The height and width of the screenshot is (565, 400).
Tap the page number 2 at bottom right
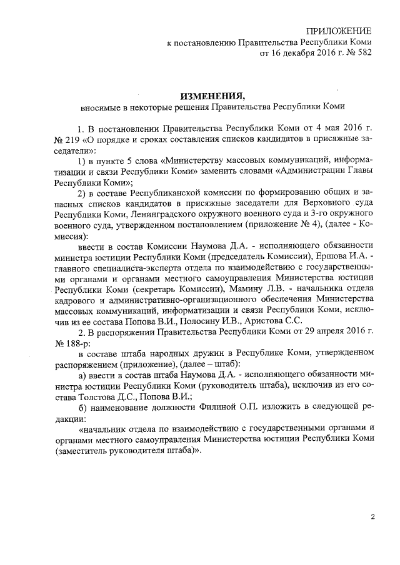coord(372,517)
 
